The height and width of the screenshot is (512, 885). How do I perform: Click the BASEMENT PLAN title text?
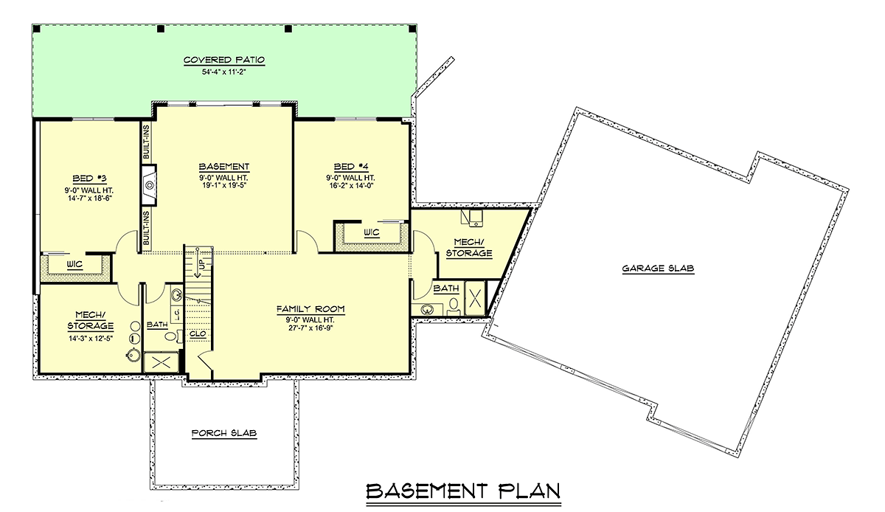coord(463,491)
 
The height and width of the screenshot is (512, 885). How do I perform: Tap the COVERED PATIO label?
coord(224,60)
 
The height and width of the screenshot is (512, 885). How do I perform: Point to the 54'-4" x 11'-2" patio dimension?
coord(224,72)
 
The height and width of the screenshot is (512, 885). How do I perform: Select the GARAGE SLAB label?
coord(658,269)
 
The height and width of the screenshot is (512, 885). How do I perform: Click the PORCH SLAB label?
coord(224,433)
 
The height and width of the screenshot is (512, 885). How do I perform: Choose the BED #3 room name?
coord(89,179)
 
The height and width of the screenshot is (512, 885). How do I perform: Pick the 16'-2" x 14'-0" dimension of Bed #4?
coord(351,185)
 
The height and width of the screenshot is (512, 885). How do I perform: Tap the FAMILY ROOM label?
coord(310,309)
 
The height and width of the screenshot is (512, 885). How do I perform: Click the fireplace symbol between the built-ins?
coord(149,185)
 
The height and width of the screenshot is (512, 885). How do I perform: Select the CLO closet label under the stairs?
coord(198,334)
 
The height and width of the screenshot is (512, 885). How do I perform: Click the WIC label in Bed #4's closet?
coord(372,232)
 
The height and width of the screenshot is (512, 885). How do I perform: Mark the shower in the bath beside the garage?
coord(475,298)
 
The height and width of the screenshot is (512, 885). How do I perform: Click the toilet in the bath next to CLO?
coord(171,336)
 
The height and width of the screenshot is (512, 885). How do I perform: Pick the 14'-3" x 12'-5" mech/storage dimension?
coord(91,338)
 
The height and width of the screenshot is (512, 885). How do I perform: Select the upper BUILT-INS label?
coord(146,142)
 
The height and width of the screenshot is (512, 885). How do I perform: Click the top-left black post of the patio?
coord(36,29)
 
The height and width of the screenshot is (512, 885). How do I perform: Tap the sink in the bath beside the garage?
coord(426,310)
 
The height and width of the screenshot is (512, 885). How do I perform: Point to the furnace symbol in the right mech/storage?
coord(472,218)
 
